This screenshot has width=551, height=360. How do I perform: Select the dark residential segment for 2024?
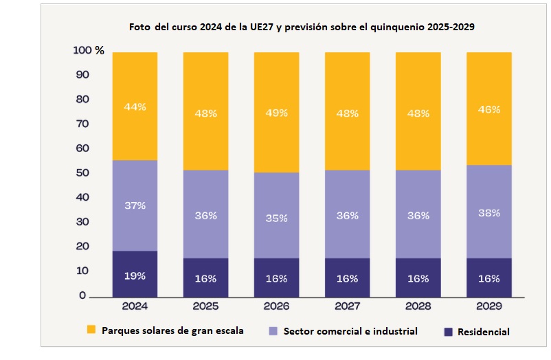point(135,274)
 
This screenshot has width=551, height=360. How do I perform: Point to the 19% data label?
point(135,275)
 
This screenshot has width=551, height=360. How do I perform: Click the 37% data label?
point(135,205)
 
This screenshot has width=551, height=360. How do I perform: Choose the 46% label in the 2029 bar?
point(488,109)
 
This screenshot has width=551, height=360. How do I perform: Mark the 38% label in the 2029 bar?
point(488,213)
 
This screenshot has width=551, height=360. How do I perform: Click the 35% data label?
point(276,218)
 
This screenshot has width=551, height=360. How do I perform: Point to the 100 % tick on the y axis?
point(89,51)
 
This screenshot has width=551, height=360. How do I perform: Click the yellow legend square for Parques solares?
point(91,330)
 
